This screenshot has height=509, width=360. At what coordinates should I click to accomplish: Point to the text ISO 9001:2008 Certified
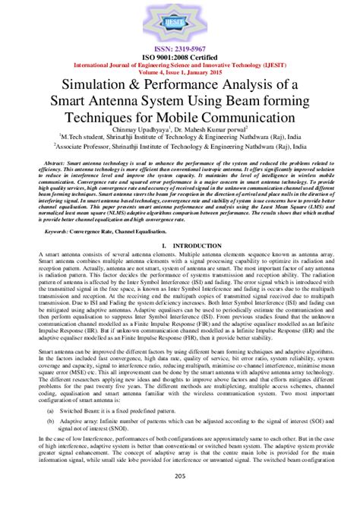tap(180, 56)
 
